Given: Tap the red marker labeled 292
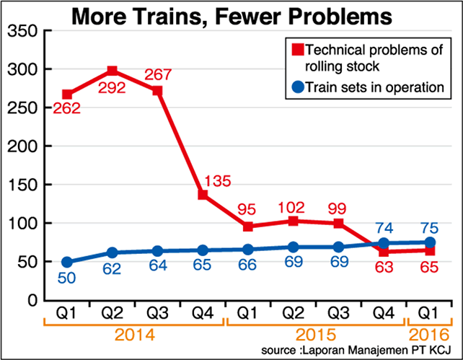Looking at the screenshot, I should pos(113,71).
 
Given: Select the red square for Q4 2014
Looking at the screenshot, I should pos(203,195).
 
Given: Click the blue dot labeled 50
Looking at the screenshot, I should pos(68,262).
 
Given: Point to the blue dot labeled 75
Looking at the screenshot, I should pos(430,242).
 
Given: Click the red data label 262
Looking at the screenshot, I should pos(66,110).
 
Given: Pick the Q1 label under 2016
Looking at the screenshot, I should pos(430,315).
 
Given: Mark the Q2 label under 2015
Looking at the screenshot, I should pos(294,315).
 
